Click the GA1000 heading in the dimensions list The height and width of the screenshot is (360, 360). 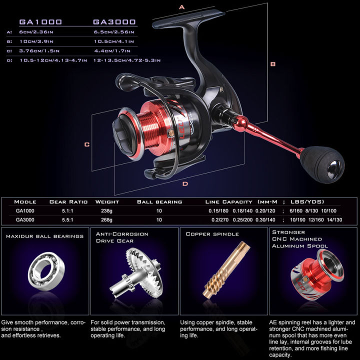(x=40, y=22)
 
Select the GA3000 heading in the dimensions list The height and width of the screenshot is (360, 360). (x=114, y=22)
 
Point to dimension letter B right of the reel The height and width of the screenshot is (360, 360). (x=273, y=64)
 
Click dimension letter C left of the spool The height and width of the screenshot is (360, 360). (x=86, y=144)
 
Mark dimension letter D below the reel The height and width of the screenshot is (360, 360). (x=185, y=183)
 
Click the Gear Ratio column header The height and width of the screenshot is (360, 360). (x=68, y=202)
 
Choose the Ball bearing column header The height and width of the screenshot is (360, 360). (x=159, y=202)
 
